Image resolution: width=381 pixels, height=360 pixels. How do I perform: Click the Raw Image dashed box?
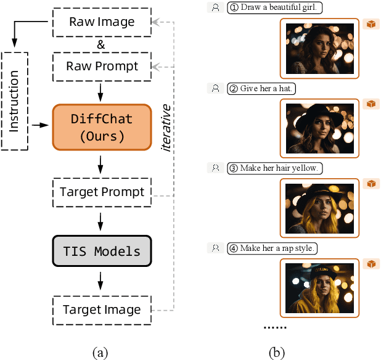tap(102, 22)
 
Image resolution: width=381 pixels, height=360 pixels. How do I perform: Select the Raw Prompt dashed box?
tap(102, 65)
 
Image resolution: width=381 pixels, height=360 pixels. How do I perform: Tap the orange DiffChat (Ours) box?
tap(102, 127)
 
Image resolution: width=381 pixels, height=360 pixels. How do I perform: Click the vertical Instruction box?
tap(15, 100)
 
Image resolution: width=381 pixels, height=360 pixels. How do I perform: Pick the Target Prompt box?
tap(102, 192)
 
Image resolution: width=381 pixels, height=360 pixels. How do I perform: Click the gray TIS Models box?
tap(102, 251)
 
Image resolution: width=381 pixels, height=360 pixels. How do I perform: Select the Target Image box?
tap(102, 309)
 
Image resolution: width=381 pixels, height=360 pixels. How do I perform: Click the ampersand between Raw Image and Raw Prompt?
tap(102, 44)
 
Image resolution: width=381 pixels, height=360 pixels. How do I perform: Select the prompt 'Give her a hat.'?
tap(261, 88)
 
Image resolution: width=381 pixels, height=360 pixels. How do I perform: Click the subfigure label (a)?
tap(100, 353)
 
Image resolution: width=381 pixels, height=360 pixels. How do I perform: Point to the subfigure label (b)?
tap(277, 353)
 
